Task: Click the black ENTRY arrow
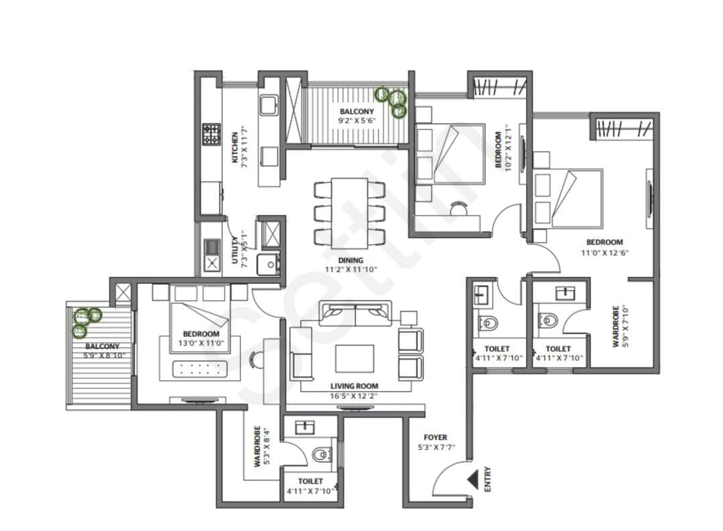(473, 480)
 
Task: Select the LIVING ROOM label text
(354, 386)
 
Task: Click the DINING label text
(350, 260)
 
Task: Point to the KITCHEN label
(234, 147)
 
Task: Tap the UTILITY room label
(234, 251)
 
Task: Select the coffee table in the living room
(354, 360)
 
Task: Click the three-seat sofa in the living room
(355, 312)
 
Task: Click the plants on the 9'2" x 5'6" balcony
(392, 101)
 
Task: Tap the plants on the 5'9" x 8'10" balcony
(85, 320)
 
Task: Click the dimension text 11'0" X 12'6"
(604, 252)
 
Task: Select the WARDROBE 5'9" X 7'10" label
(620, 325)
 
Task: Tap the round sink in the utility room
(271, 264)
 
